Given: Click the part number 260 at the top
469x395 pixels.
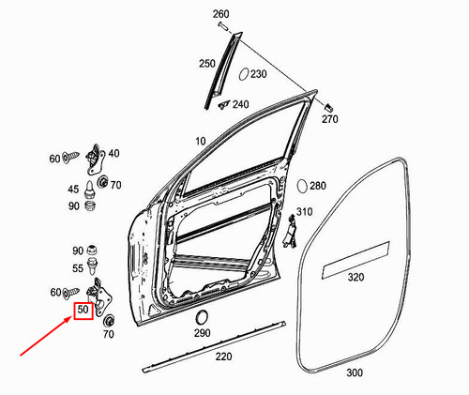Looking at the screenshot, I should click(x=220, y=13).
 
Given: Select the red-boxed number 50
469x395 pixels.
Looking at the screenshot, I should click(x=83, y=310).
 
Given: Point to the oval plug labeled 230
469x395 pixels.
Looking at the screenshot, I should click(x=242, y=74).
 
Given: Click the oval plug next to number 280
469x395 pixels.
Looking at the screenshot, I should click(x=303, y=186).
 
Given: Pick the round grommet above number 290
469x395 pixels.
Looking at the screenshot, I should click(x=201, y=315).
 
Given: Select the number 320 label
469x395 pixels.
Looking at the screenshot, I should click(x=356, y=279).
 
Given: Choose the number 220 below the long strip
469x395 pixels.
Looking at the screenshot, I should click(x=223, y=357).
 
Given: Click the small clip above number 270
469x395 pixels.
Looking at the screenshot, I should click(x=329, y=101).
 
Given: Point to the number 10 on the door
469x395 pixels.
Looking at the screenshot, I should click(x=200, y=142).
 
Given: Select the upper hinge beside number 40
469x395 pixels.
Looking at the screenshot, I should click(x=94, y=157).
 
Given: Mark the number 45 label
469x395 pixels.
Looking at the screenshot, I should click(x=75, y=189).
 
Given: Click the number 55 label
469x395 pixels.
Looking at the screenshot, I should click(x=79, y=268).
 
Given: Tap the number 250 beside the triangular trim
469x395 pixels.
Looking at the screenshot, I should click(x=206, y=63).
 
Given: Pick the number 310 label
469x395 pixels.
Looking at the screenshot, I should click(x=304, y=212).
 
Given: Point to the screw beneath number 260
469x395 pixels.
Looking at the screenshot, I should click(x=224, y=31).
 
